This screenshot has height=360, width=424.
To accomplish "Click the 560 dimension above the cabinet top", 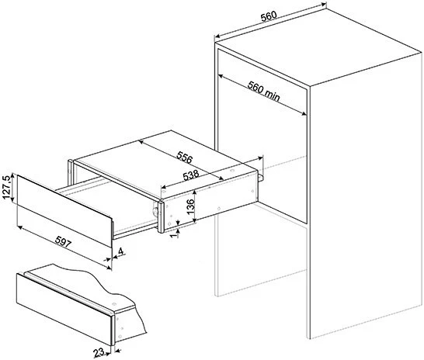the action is [x=269, y=16].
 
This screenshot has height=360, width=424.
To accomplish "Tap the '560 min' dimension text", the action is [x=264, y=91].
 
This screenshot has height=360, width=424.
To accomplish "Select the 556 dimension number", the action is [x=184, y=157].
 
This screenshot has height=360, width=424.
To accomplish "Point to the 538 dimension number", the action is [x=191, y=175].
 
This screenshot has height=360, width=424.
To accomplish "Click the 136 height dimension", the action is [x=190, y=206].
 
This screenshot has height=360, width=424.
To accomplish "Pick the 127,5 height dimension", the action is [x=6, y=187].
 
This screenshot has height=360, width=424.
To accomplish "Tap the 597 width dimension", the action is [x=63, y=241].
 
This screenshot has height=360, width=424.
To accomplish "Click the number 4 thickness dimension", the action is [x=120, y=251].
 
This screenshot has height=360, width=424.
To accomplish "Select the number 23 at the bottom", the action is [x=99, y=352].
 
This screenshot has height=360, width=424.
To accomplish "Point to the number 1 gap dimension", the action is [x=175, y=234].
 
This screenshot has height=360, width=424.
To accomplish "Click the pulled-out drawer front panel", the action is [x=64, y=211].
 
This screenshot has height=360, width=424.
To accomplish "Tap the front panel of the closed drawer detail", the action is [x=64, y=310].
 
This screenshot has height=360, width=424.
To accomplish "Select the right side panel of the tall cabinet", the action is [x=366, y=196].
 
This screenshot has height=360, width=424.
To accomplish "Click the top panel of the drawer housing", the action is [x=165, y=162].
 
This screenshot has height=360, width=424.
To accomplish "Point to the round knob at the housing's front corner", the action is [x=155, y=211].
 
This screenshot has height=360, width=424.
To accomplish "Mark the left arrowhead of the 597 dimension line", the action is [x=19, y=228].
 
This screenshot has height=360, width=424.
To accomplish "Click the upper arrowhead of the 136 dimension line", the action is [x=195, y=191].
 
